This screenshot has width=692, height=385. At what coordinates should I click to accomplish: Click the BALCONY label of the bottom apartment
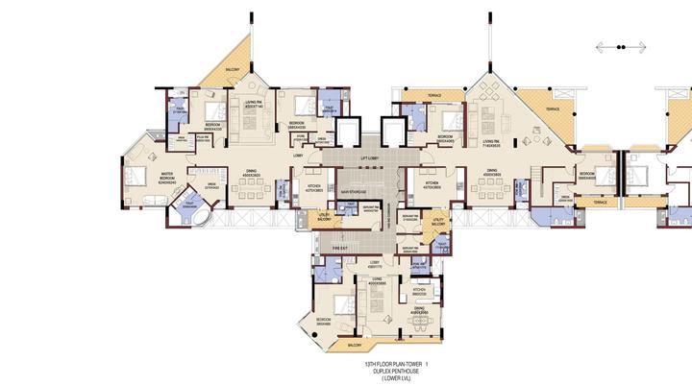pos(355,345)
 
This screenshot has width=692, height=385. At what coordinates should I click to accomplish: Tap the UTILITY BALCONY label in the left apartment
pos(325,219)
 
